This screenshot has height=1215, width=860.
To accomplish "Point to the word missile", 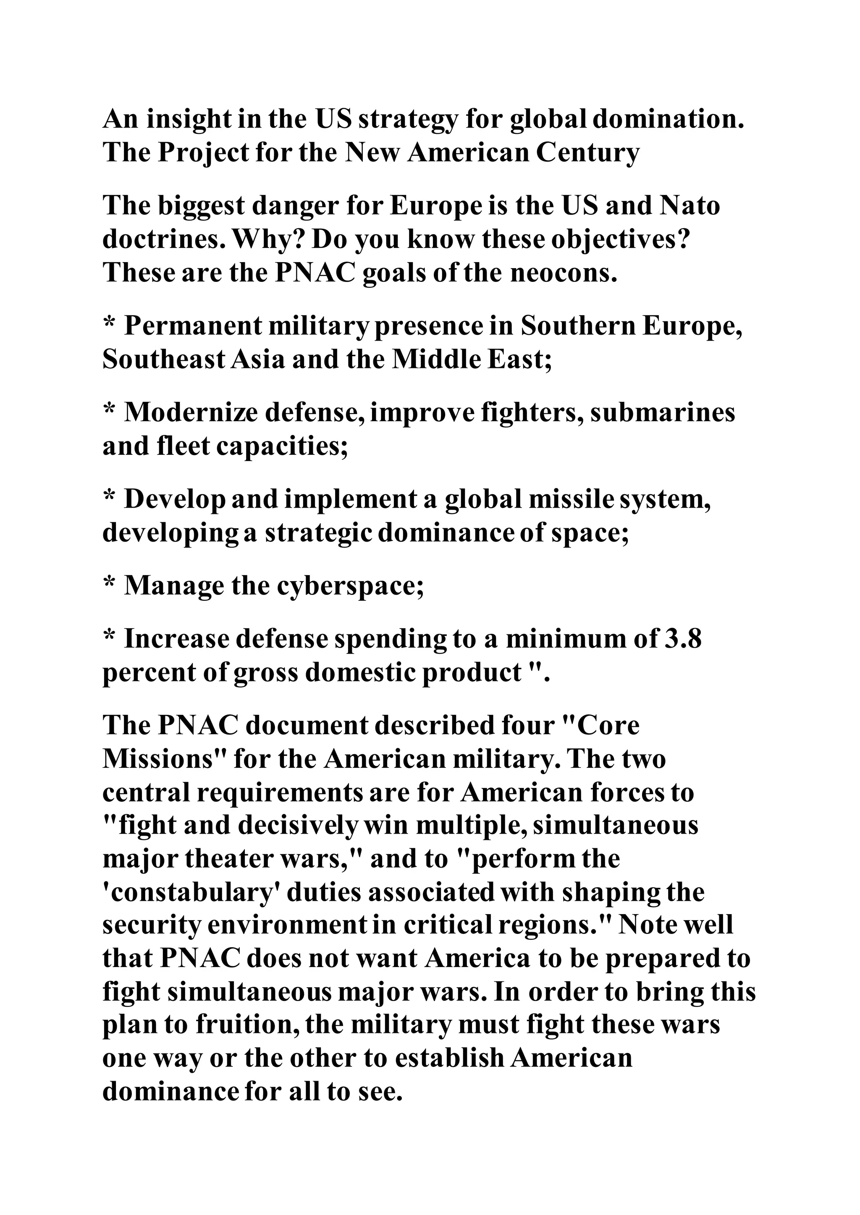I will point(568,500).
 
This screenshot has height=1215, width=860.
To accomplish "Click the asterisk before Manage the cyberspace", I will point(109,584).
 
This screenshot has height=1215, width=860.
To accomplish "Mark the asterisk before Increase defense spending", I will point(109,637).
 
